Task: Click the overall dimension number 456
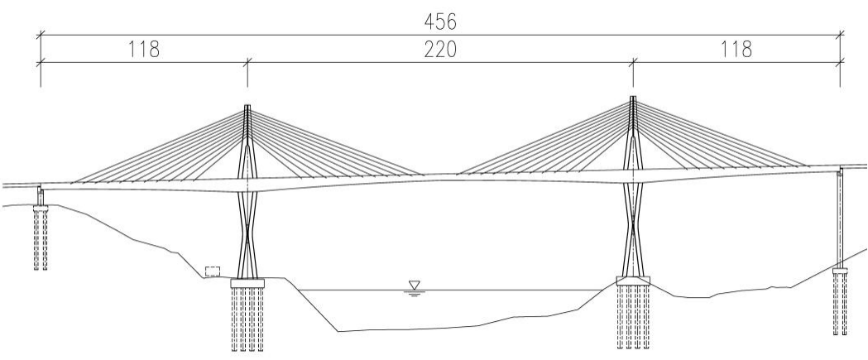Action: pyautogui.click(x=440, y=22)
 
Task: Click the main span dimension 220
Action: pyautogui.click(x=440, y=50)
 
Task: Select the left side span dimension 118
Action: pyautogui.click(x=144, y=50)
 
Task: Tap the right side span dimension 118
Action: pyautogui.click(x=736, y=50)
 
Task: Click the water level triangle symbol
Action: pyautogui.click(x=414, y=286)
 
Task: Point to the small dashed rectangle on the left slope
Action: pyautogui.click(x=213, y=271)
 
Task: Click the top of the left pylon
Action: pyautogui.click(x=247, y=106)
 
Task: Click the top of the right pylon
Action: pyautogui.click(x=633, y=98)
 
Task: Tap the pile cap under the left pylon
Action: pyautogui.click(x=247, y=284)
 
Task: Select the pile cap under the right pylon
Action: pyautogui.click(x=633, y=281)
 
